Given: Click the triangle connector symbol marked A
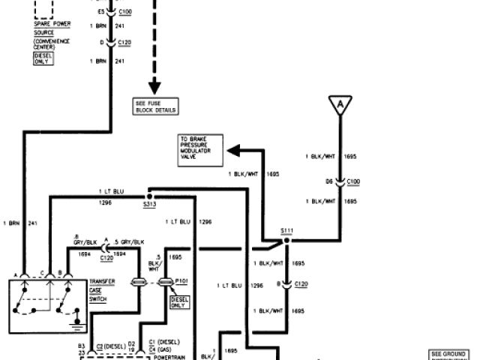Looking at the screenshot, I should click(x=340, y=107).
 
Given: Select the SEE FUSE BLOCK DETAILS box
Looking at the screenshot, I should click(x=156, y=106).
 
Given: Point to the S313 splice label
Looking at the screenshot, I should click(x=149, y=202).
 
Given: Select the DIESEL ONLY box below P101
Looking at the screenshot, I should click(x=180, y=302).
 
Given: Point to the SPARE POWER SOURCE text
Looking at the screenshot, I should click(x=52, y=28).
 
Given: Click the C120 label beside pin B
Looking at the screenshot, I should click(x=301, y=284).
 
